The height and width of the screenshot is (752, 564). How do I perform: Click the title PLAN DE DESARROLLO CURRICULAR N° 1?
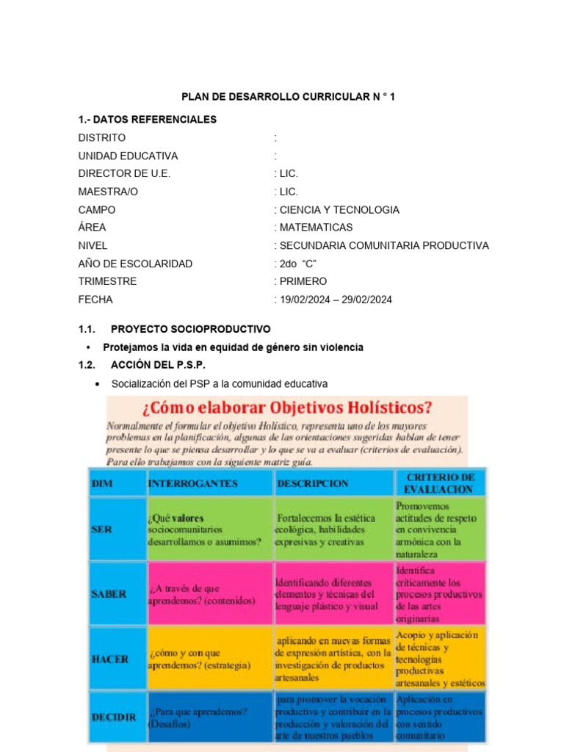pos(288,97)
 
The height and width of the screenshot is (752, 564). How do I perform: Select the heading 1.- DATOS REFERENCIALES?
pos(147,120)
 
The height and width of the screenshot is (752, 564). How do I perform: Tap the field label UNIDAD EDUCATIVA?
pos(128,156)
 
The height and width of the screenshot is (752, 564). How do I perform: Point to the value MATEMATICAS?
pos(314,228)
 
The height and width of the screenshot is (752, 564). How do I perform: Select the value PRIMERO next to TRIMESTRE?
pos(302,281)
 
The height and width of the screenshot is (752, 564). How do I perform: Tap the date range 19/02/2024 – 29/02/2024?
pos(334,300)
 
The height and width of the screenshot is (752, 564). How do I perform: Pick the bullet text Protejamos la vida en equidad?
pos(233,347)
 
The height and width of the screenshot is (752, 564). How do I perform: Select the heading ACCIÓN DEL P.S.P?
pos(158,365)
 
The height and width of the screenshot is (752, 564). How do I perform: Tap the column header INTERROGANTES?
pos(192,483)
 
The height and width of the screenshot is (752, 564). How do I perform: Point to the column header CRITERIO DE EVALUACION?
pos(439,482)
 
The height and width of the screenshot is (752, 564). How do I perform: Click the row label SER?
pos(102,529)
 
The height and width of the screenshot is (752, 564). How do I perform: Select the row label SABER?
pos(109,593)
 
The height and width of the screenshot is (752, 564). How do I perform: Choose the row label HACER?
pos(109,659)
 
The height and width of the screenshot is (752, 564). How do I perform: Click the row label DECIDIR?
pos(113,717)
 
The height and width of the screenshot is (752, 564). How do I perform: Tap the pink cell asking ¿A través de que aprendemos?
pos(209,594)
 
